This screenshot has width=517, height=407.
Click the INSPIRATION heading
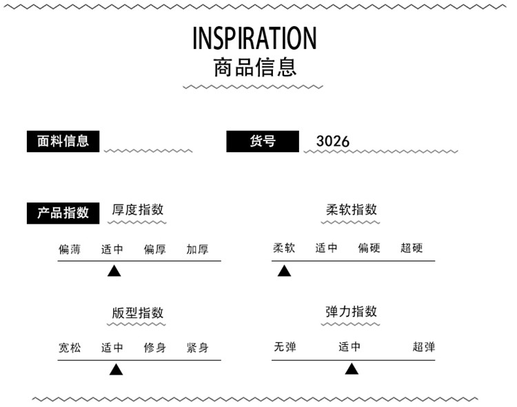click(x=254, y=38)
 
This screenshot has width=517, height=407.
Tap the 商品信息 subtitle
click(x=255, y=67)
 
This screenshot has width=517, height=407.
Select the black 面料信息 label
click(x=63, y=141)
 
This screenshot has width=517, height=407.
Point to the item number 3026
click(x=333, y=141)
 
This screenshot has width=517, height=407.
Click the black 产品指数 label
click(x=63, y=213)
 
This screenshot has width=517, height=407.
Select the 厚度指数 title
click(x=138, y=210)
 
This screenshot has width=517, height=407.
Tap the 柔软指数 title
click(x=352, y=210)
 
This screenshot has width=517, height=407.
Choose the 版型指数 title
click(x=138, y=313)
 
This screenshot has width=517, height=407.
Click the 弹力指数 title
click(x=352, y=311)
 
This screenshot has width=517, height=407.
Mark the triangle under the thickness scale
click(x=114, y=271)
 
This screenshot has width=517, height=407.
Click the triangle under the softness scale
click(x=284, y=271)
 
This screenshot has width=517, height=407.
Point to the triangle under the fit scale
click(x=116, y=370)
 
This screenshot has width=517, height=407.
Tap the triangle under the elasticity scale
click(x=352, y=370)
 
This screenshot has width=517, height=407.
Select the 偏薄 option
click(x=70, y=249)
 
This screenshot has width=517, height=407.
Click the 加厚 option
click(x=197, y=249)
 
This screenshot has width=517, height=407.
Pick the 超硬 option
click(x=412, y=248)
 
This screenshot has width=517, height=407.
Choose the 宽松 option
click(x=70, y=348)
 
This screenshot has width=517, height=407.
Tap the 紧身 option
click(x=197, y=348)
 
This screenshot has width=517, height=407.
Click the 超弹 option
click(x=424, y=347)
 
